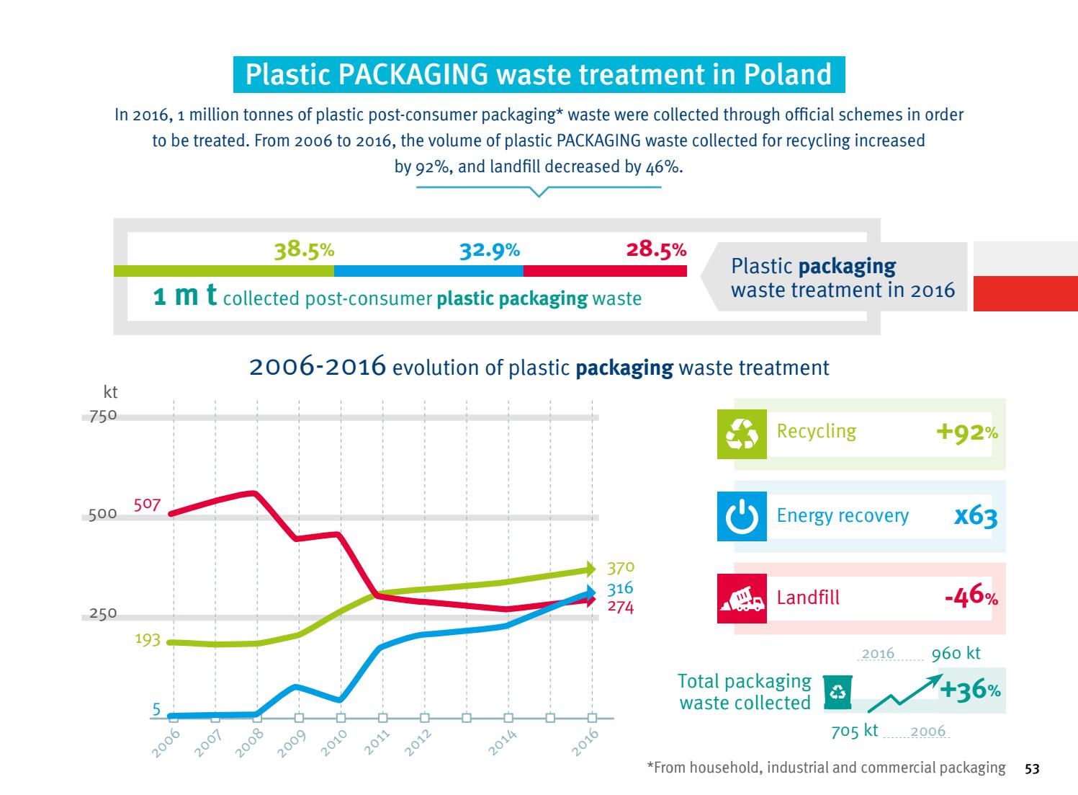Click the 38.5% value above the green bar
[304, 250]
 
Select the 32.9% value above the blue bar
[489, 250]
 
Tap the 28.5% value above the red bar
[655, 250]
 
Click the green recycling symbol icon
[742, 435]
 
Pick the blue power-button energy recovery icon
[742, 517]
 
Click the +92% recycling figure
[966, 432]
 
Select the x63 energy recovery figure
[975, 516]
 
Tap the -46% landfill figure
[971, 598]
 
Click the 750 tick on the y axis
[98, 416]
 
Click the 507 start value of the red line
[147, 505]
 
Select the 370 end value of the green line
[620, 567]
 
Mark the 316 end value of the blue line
[620, 590]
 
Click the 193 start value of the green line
[148, 639]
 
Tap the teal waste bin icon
[837, 693]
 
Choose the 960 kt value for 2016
[956, 654]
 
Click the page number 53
[1032, 769]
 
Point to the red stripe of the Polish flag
[1025, 293]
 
